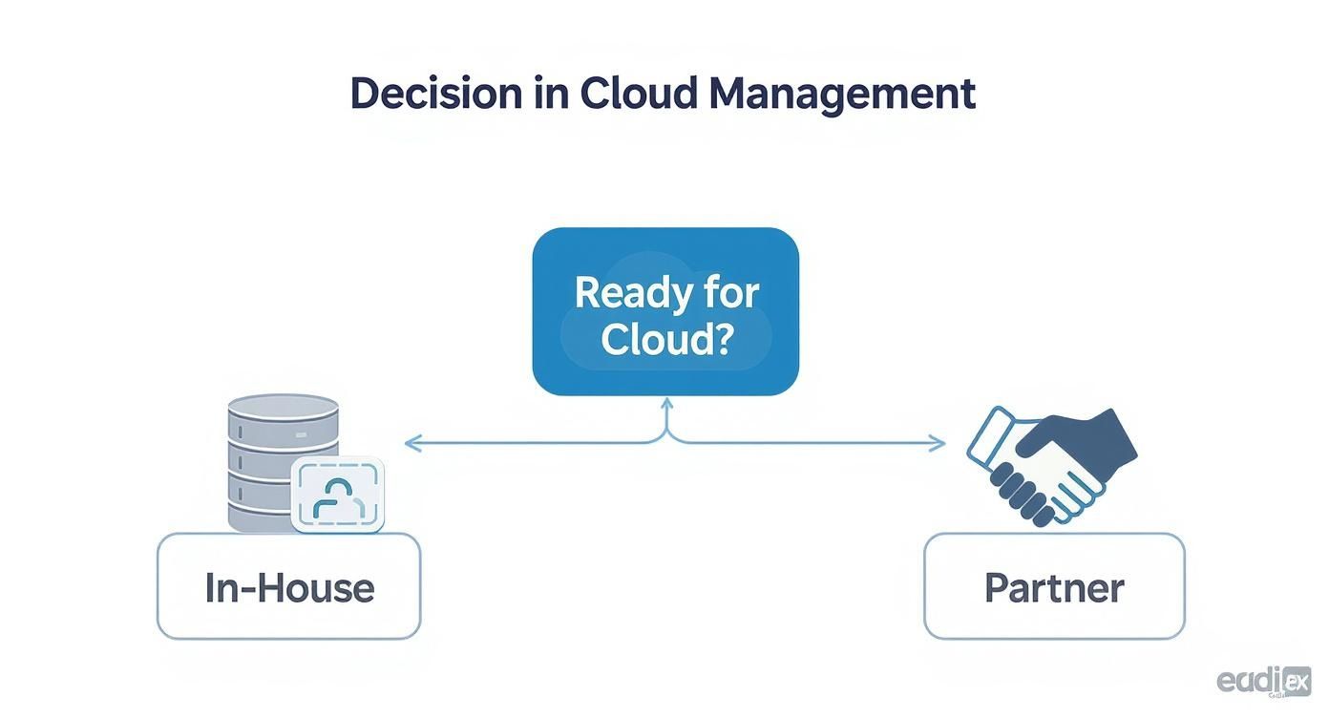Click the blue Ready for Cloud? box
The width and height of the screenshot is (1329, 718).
(665, 310)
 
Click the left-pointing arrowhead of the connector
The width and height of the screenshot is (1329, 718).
(411, 443)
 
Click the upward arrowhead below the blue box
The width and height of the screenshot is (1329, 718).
(666, 405)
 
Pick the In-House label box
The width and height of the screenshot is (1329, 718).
(288, 586)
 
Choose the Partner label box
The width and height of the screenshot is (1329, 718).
(1054, 586)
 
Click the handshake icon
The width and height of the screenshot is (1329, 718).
(1050, 465)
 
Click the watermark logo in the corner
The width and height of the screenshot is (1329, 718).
(1263, 680)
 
